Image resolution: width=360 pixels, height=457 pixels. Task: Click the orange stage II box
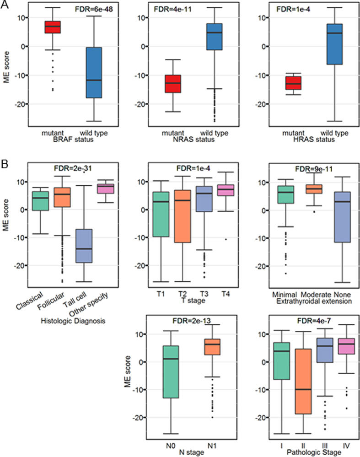tap(303, 382)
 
